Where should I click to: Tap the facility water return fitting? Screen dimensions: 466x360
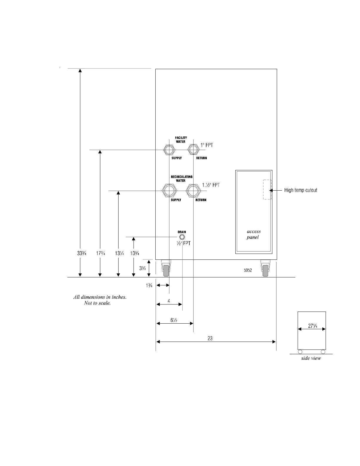pyautogui.click(x=193, y=150)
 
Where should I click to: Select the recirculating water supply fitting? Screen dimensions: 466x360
pyautogui.click(x=169, y=191)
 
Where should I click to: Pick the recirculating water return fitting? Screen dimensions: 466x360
pyautogui.click(x=193, y=191)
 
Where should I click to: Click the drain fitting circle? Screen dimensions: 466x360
pyautogui.click(x=182, y=237)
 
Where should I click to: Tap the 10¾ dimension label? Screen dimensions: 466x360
pyautogui.click(x=135, y=253)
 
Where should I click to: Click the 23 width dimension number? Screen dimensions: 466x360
pyautogui.click(x=210, y=338)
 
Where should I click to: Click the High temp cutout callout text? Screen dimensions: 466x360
pyautogui.click(x=301, y=190)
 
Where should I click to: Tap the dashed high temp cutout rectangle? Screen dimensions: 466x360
pyautogui.click(x=267, y=190)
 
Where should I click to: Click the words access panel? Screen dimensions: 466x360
pyautogui.click(x=253, y=234)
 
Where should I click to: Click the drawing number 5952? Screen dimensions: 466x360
pyautogui.click(x=248, y=270)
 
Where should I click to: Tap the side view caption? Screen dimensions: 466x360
pyautogui.click(x=311, y=358)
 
